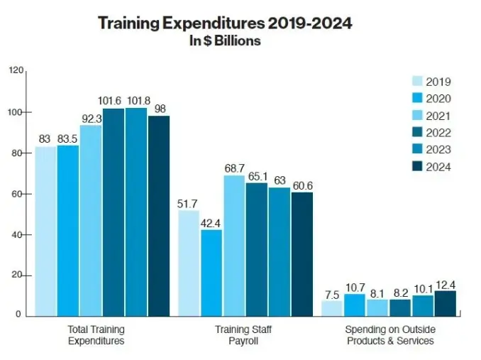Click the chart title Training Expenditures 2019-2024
[224, 23]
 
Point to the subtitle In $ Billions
[224, 40]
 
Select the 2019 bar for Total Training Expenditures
[45, 231]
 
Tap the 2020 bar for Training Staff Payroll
[211, 273]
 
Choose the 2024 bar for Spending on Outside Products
[445, 303]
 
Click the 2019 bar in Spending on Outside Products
[331, 308]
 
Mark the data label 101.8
[136, 100]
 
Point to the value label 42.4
[211, 222]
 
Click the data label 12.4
[445, 284]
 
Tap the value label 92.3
[91, 119]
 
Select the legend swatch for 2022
[417, 133]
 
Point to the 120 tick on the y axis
[17, 71]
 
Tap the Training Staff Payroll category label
[243, 335]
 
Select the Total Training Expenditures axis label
[96, 335]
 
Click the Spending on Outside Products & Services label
[389, 335]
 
